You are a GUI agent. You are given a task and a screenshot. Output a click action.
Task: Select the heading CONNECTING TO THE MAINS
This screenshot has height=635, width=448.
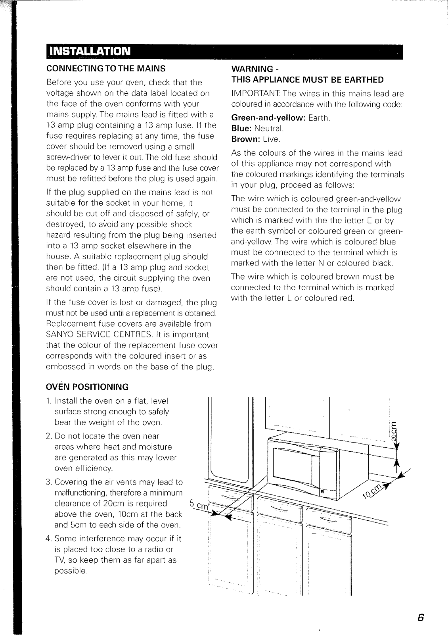coord(106,68)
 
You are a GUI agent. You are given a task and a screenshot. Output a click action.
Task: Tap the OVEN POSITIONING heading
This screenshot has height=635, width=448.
coord(88,387)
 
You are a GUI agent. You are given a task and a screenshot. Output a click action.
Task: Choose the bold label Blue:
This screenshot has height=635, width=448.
coord(241,129)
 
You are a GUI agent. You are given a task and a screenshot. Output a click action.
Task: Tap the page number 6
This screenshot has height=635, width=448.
coord(421,618)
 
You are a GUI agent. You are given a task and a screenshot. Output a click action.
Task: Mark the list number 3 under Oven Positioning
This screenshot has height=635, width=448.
coord(49,482)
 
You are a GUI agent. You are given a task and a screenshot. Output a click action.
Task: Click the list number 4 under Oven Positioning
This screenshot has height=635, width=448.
coord(49,539)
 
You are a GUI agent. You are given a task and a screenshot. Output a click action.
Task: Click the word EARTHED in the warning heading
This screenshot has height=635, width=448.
coord(363,80)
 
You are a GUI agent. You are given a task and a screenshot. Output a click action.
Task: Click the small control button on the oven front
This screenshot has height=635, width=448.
coord(322,491)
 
